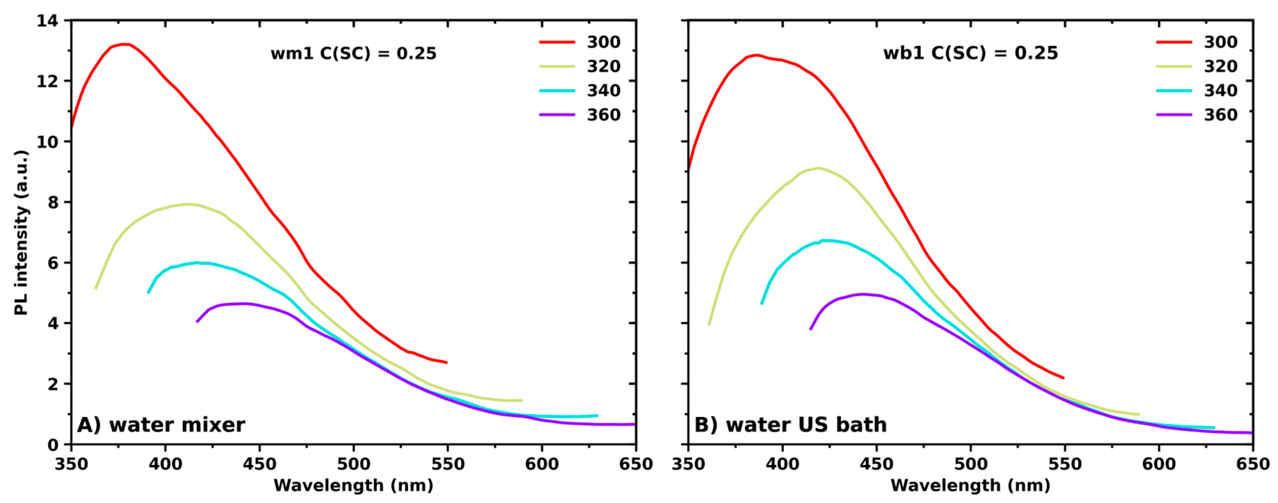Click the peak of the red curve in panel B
tap(756, 55)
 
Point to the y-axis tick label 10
tap(48, 142)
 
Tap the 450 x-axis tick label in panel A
tap(259, 464)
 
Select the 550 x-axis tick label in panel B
tap(1065, 464)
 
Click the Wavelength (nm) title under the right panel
tap(970, 485)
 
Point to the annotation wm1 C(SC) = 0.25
tap(353, 53)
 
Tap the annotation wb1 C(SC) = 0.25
tap(970, 53)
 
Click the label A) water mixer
tap(161, 425)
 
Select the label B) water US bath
tap(790, 425)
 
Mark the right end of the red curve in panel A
tap(446, 363)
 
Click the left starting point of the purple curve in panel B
tap(811, 329)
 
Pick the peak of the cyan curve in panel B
tap(824, 241)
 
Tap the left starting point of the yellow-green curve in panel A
tap(96, 288)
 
